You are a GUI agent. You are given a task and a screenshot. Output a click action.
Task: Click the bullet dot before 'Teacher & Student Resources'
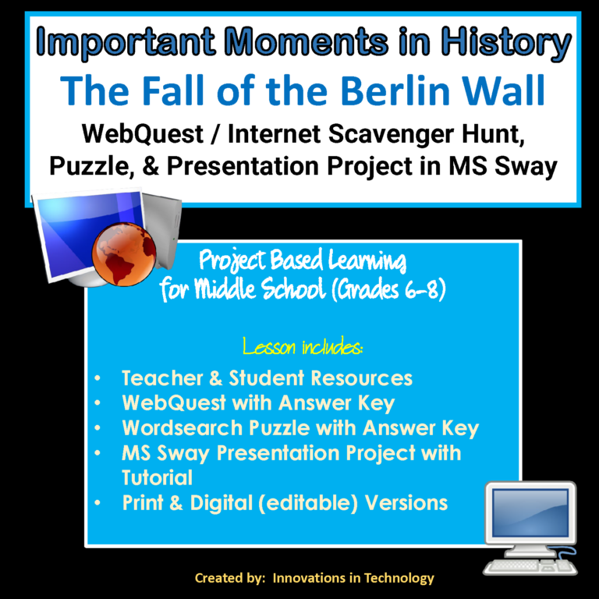(x=96, y=380)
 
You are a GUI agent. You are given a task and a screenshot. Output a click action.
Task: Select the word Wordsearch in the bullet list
(x=183, y=428)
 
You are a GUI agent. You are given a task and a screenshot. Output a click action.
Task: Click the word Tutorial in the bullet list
(x=157, y=477)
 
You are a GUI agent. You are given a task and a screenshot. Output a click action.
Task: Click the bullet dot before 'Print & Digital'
(x=96, y=503)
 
